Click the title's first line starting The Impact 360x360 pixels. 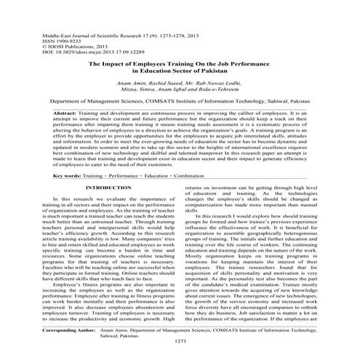tap(179, 65)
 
